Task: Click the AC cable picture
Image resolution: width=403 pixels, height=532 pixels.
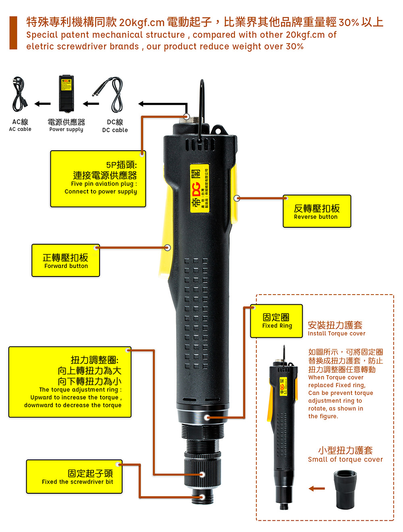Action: (x=19, y=95)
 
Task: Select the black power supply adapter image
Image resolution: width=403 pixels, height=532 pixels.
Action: (x=66, y=93)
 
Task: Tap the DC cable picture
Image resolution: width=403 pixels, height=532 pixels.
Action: (x=110, y=94)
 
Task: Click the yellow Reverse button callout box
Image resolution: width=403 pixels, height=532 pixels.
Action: (x=317, y=212)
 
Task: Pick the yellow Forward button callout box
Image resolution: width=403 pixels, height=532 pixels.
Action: (x=66, y=260)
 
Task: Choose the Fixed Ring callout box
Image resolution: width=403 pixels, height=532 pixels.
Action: (x=276, y=321)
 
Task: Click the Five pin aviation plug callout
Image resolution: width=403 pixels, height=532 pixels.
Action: (x=98, y=179)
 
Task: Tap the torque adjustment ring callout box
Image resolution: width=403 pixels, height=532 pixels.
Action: (x=70, y=382)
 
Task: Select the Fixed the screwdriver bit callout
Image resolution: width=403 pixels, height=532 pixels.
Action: (x=75, y=477)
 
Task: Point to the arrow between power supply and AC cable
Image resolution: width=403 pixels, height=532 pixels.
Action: (x=42, y=104)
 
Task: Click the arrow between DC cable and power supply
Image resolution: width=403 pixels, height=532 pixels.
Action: (x=91, y=104)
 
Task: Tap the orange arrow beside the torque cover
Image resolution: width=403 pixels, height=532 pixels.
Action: (x=317, y=488)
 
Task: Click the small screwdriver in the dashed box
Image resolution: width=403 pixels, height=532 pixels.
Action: (x=283, y=427)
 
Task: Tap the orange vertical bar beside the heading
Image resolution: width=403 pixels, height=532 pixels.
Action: (x=13, y=33)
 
